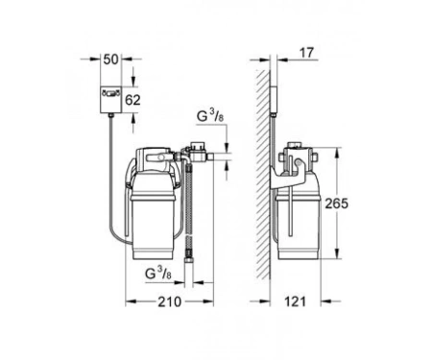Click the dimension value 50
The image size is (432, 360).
(x=111, y=60)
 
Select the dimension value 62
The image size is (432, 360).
(x=132, y=100)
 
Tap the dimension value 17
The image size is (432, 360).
(x=306, y=53)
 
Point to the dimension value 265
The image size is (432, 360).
(x=336, y=204)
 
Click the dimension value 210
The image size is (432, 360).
(x=169, y=301)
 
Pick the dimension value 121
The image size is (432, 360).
(x=295, y=301)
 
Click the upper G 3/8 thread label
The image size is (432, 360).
(x=210, y=117)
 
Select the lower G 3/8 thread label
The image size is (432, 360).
(x=158, y=274)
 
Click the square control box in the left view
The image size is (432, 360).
(x=111, y=100)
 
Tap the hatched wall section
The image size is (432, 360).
(x=263, y=175)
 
